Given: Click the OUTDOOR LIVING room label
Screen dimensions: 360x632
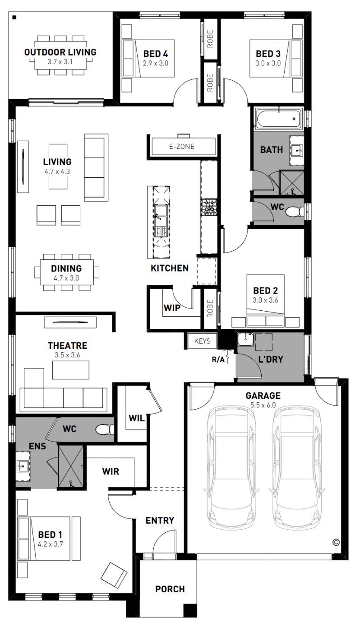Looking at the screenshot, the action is [60, 52].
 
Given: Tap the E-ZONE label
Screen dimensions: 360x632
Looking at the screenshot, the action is [182, 147].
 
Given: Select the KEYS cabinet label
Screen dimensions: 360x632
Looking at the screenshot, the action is [202, 341].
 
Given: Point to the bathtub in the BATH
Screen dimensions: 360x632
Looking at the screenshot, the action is [278, 119].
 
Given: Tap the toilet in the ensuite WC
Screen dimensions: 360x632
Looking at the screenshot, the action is [105, 430].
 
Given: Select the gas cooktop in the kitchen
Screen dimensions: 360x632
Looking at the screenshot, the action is [209, 208].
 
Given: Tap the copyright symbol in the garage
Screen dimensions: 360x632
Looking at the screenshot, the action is [336, 542].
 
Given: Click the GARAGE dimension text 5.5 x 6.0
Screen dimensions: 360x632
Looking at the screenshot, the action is [263, 405].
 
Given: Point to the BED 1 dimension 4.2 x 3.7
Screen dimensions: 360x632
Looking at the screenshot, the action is [50, 544].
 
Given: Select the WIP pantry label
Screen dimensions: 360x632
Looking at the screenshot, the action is [172, 308].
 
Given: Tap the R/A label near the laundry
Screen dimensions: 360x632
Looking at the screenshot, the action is [218, 360].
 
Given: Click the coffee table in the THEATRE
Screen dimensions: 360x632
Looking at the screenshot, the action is [71, 370].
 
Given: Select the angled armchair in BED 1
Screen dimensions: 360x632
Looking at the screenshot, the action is [114, 574].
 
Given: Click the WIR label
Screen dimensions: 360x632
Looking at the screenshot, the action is [111, 471].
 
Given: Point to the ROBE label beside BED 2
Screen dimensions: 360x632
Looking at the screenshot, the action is [210, 309].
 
